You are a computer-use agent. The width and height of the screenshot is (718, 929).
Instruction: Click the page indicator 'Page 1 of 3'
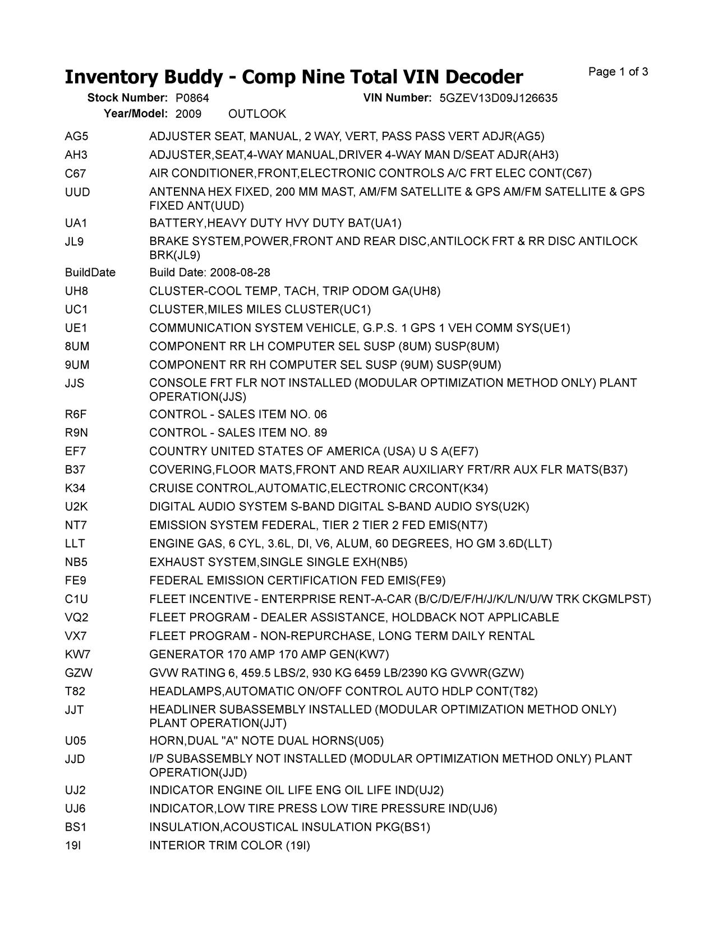pos(618,72)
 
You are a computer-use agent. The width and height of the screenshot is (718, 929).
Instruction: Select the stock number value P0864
pos(192,98)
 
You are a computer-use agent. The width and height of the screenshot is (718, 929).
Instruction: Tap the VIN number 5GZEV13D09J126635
pos(498,98)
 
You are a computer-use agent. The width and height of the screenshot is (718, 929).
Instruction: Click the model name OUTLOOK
pos(257,114)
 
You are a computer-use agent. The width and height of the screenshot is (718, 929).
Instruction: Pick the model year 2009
pos(188,114)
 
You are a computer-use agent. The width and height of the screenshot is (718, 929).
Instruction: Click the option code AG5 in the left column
pos(77,136)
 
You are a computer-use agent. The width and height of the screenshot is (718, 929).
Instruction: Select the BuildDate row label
pos(90,273)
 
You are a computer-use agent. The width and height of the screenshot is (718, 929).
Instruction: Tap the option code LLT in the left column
pos(75,544)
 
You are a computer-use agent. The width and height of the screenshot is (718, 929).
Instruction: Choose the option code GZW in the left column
pos(79,673)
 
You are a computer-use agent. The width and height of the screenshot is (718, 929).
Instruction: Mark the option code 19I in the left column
pos(73,845)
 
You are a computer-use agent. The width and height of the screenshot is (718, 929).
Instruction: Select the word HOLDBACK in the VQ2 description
pos(424,618)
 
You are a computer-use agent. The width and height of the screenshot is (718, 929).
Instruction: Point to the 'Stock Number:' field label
pos(127,98)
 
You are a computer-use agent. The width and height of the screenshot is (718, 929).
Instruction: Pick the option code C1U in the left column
pos(76,599)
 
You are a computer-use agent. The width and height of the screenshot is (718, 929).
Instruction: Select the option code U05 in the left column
pos(76,741)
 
